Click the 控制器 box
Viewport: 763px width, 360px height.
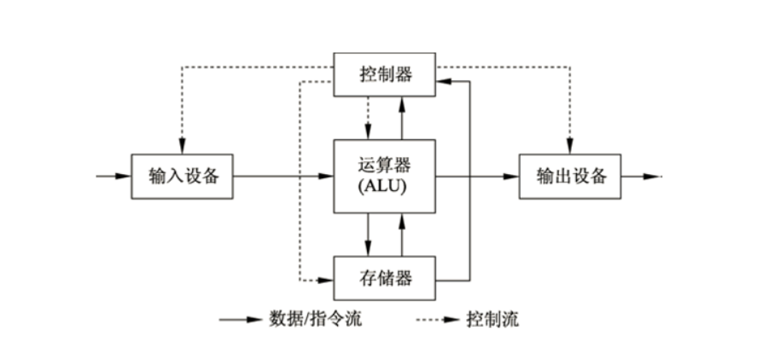point(384,73)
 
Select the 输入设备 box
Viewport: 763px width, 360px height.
point(182,177)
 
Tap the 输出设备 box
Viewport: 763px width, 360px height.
point(570,177)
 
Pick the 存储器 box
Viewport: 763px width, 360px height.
point(384,277)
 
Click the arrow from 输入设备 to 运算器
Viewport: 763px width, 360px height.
point(282,177)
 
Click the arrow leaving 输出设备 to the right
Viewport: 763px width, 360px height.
point(640,177)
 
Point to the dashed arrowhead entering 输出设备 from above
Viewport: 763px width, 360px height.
point(569,148)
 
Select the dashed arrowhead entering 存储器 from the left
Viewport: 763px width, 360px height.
point(326,279)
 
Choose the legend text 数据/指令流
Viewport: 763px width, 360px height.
point(309,321)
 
